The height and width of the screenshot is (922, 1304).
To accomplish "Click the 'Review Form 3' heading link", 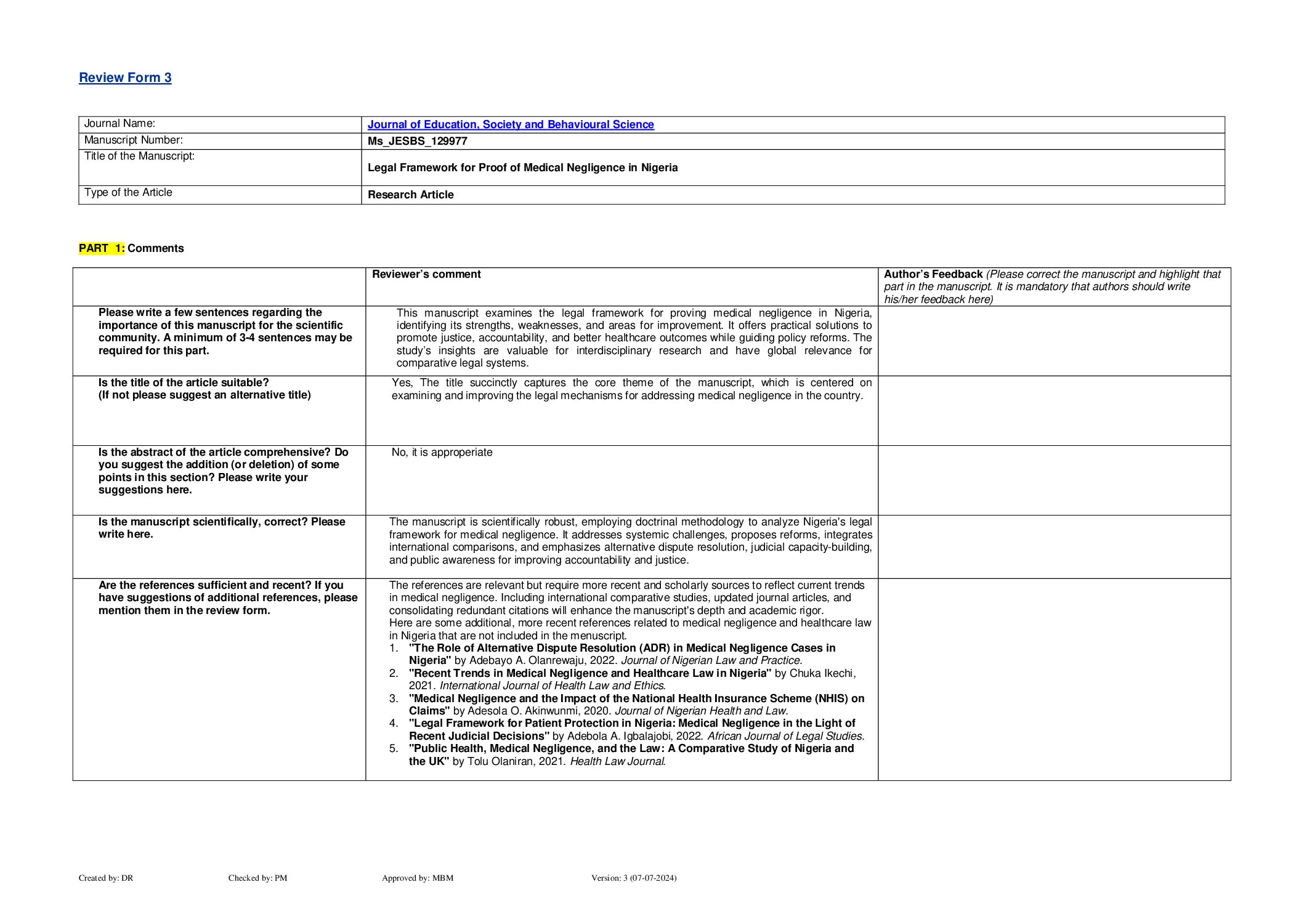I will click(125, 78).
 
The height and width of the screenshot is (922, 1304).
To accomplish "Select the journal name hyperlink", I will click(511, 124).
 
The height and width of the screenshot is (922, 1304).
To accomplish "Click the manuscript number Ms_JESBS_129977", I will click(417, 141).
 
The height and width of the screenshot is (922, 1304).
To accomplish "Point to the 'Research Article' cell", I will click(410, 195).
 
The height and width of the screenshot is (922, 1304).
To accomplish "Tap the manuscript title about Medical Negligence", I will click(522, 168).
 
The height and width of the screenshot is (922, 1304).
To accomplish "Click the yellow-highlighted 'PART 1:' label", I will click(102, 248).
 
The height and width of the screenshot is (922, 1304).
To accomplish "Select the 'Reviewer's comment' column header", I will click(426, 274).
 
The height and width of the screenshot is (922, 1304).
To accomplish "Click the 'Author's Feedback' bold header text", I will click(933, 274).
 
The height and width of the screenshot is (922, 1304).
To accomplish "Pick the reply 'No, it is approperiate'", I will click(442, 452).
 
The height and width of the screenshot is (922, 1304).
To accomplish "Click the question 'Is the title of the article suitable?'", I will click(184, 382).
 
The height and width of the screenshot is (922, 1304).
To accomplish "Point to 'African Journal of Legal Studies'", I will click(784, 736).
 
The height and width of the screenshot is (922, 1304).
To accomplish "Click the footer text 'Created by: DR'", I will click(106, 878).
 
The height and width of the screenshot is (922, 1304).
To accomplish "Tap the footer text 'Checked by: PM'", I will click(257, 878).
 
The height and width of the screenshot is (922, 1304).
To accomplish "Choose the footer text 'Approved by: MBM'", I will click(417, 878).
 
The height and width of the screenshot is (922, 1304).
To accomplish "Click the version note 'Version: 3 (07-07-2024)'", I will click(633, 878).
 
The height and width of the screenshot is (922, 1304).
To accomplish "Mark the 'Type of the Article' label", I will click(128, 193).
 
